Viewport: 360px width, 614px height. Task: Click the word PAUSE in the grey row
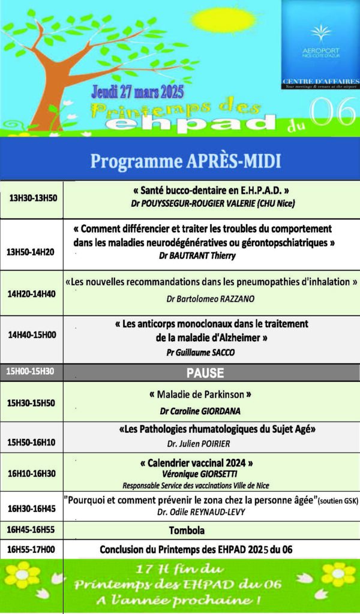[x=205, y=373]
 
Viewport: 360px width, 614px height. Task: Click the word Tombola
[x=186, y=531]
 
